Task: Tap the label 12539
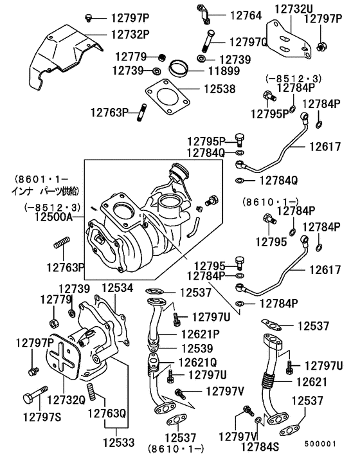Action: coord(200,348)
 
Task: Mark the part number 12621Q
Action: coord(201,362)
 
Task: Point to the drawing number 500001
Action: coord(320,443)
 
